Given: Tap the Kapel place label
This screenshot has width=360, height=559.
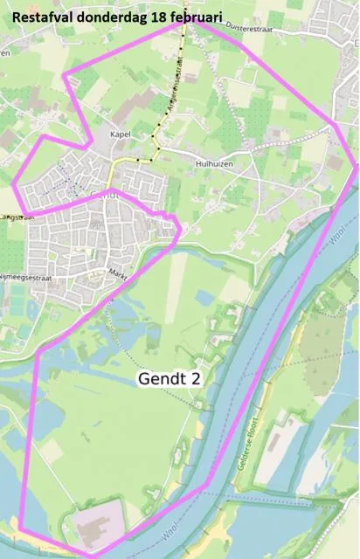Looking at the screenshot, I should click(121, 135).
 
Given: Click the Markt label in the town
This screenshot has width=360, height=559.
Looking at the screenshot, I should click(118, 273).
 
